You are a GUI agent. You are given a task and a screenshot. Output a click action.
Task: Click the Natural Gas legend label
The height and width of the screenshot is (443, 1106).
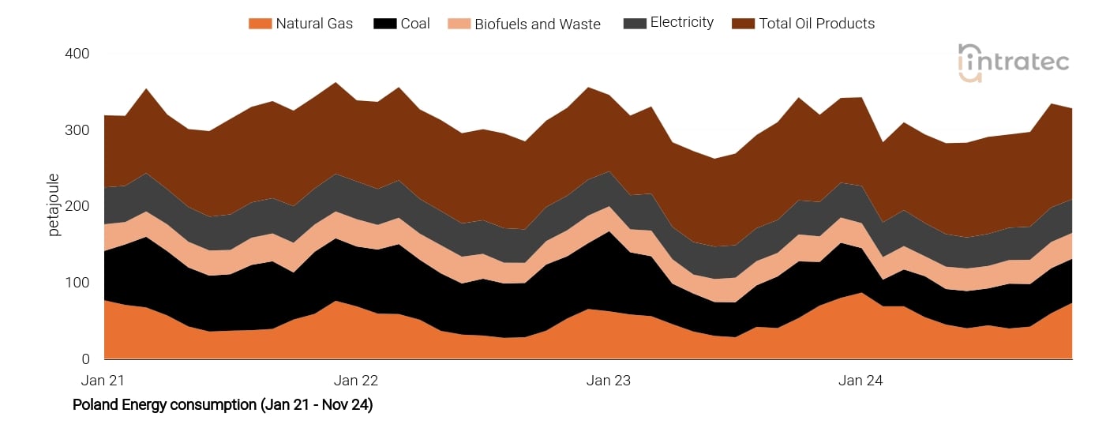coord(314,24)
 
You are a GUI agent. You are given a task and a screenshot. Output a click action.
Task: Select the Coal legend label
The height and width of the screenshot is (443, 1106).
coord(414,24)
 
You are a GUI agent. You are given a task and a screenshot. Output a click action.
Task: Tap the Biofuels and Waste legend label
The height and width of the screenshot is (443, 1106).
coord(537,24)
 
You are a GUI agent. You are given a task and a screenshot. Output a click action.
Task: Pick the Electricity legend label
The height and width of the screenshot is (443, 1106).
coord(681,23)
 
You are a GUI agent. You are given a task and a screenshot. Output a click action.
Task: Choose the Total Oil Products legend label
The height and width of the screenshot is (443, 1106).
coord(816,24)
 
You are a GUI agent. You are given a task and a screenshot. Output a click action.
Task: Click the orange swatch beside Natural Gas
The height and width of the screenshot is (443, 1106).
coord(260,24)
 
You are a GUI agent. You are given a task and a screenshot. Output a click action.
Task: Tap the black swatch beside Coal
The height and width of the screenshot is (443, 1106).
coord(384,24)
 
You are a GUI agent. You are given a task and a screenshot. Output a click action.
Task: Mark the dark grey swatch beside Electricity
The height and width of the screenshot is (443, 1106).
coord(634,24)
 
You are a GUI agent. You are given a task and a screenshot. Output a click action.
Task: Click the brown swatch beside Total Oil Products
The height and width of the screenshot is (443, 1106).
coord(743,24)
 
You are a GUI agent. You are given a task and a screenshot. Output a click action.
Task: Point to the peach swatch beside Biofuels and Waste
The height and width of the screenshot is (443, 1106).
coord(459,24)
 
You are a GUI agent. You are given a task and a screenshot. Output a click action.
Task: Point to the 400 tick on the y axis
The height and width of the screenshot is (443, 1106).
coord(77,54)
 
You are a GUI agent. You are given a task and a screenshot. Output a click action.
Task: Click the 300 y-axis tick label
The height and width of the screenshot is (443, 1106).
coord(77,130)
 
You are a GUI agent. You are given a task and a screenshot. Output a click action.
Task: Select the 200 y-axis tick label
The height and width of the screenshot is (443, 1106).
coord(77,206)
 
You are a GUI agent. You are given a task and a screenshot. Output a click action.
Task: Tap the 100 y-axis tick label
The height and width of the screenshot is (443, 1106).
coord(77,283)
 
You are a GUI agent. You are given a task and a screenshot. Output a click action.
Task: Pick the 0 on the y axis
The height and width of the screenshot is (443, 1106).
coord(85,359)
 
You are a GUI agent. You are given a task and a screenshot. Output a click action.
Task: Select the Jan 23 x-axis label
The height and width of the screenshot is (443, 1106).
coord(609,381)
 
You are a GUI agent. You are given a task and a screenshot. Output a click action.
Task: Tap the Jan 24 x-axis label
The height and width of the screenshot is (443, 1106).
coord(860,381)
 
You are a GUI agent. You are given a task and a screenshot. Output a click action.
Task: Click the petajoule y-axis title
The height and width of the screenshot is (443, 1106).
coord(54,206)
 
